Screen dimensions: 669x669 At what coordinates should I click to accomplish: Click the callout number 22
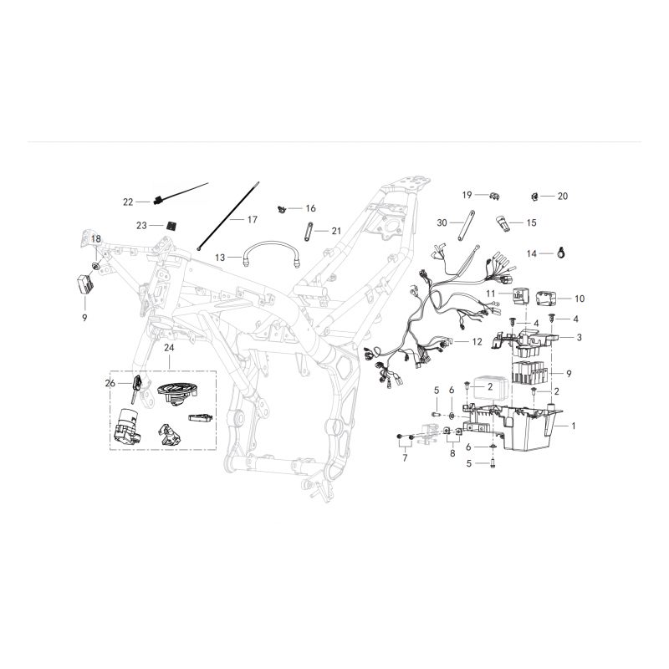click(x=128, y=202)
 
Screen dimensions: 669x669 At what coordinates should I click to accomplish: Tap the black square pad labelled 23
click(x=171, y=225)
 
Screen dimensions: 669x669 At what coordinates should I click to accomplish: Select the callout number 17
click(x=253, y=219)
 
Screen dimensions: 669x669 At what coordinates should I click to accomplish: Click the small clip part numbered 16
click(x=281, y=209)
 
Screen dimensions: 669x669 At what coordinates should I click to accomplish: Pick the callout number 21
click(x=336, y=231)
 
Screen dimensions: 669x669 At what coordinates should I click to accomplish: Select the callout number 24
click(x=169, y=348)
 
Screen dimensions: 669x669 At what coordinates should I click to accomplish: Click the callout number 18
click(x=96, y=239)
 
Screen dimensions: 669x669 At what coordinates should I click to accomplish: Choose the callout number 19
click(x=467, y=195)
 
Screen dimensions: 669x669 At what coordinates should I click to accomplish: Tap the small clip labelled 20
click(x=534, y=197)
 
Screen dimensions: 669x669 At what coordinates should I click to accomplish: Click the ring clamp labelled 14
click(x=561, y=253)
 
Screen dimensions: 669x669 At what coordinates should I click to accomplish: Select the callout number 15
click(x=531, y=222)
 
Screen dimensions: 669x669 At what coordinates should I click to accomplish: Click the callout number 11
click(x=491, y=294)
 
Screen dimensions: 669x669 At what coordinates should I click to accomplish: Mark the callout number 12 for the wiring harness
click(x=477, y=342)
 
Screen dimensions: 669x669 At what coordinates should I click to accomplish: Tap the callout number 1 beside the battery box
click(x=574, y=426)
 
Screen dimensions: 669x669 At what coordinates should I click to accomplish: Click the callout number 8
click(x=452, y=454)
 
